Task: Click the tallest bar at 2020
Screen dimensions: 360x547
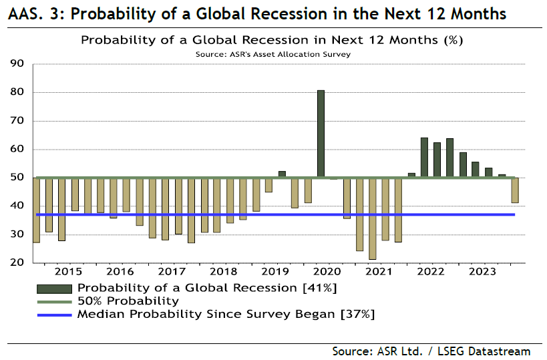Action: (321, 134)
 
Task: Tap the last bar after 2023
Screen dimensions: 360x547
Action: (515, 190)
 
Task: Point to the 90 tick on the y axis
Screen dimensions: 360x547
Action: (17, 64)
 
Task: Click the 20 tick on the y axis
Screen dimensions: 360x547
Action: (17, 262)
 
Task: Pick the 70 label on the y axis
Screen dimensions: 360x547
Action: (17, 121)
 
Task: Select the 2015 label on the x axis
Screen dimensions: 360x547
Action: (69, 272)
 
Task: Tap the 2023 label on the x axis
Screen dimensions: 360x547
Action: (482, 272)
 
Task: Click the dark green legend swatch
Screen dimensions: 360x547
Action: (54, 288)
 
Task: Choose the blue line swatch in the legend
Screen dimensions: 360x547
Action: (54, 313)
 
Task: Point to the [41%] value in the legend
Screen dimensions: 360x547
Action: (320, 288)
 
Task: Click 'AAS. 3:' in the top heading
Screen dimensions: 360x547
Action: (33, 13)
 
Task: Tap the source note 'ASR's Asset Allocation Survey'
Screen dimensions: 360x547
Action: (274, 54)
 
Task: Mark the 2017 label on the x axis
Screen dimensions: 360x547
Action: (172, 272)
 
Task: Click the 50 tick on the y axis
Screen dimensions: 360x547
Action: (17, 178)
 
